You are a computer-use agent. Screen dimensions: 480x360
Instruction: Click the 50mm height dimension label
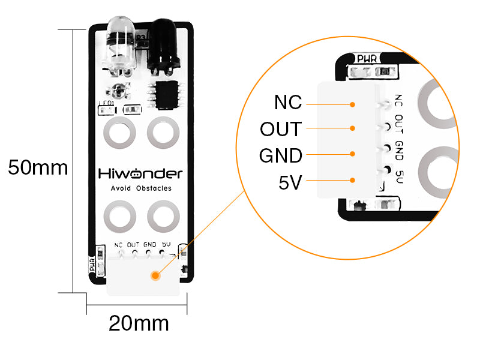pyautogui.click(x=38, y=167)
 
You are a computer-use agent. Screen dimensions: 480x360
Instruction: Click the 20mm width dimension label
pyautogui.click(x=139, y=323)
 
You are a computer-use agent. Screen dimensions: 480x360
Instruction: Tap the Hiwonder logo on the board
pyautogui.click(x=140, y=173)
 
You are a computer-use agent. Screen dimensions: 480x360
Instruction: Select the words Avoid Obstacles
pyautogui.click(x=141, y=188)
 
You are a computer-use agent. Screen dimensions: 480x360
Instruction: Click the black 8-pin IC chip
pyautogui.click(x=167, y=95)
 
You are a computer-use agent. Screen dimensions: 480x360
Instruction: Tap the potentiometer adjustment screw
pyautogui.click(x=118, y=91)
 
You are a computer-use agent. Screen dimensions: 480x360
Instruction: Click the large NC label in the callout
pyautogui.click(x=288, y=102)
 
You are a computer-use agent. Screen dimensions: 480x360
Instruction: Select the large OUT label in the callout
pyautogui.click(x=281, y=129)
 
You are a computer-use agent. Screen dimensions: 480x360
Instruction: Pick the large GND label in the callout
pyautogui.click(x=281, y=155)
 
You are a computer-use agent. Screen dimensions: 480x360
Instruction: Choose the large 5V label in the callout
pyautogui.click(x=290, y=182)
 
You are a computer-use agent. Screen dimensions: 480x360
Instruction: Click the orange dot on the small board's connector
pyautogui.click(x=155, y=275)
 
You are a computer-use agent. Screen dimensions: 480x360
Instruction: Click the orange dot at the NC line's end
pyautogui.click(x=352, y=104)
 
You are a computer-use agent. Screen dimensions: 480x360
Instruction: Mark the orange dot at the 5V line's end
pyautogui.click(x=352, y=181)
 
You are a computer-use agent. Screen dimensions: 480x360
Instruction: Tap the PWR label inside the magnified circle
pyautogui.click(x=367, y=58)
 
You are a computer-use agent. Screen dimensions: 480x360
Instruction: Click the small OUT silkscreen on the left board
pyautogui.click(x=133, y=245)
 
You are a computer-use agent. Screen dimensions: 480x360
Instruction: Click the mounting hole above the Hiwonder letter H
pyautogui.click(x=119, y=132)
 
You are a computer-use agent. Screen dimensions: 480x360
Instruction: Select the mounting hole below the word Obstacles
pyautogui.click(x=163, y=217)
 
